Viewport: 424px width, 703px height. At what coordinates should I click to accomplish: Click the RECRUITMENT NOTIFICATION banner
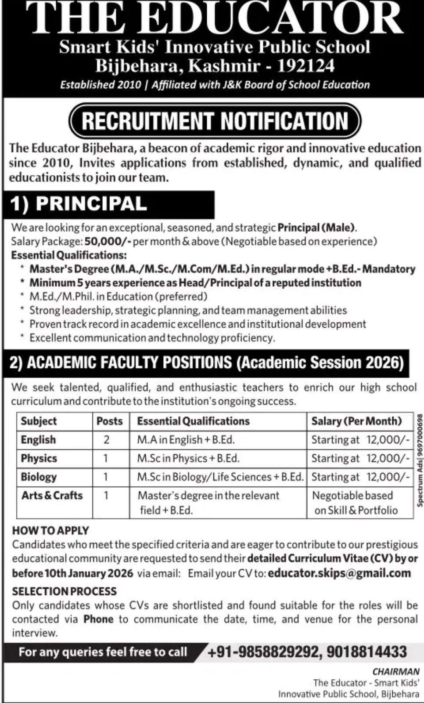[215, 121]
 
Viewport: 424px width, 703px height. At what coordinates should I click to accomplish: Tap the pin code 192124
[306, 66]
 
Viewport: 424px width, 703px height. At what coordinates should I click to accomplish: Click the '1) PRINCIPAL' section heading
[79, 204]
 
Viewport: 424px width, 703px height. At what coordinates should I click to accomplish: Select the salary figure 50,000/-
[108, 241]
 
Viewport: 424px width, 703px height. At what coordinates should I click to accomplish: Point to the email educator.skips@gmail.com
[339, 573]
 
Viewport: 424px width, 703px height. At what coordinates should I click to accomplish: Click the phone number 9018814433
[367, 652]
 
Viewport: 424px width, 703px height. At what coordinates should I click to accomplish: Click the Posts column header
[109, 421]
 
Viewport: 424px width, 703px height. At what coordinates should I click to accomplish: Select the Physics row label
[39, 458]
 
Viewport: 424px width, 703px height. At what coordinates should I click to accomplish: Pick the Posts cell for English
[106, 440]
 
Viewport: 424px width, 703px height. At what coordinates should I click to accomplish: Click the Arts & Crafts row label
[52, 495]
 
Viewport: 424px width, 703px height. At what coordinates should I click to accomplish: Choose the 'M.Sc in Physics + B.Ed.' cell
[188, 458]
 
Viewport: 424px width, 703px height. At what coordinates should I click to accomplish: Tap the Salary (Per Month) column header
[356, 421]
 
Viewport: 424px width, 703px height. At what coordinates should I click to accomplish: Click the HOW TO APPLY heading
[50, 530]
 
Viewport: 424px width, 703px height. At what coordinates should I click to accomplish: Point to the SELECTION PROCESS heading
[64, 591]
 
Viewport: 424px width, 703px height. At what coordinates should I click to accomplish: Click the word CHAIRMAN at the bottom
[396, 671]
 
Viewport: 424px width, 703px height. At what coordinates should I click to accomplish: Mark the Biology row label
[39, 477]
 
